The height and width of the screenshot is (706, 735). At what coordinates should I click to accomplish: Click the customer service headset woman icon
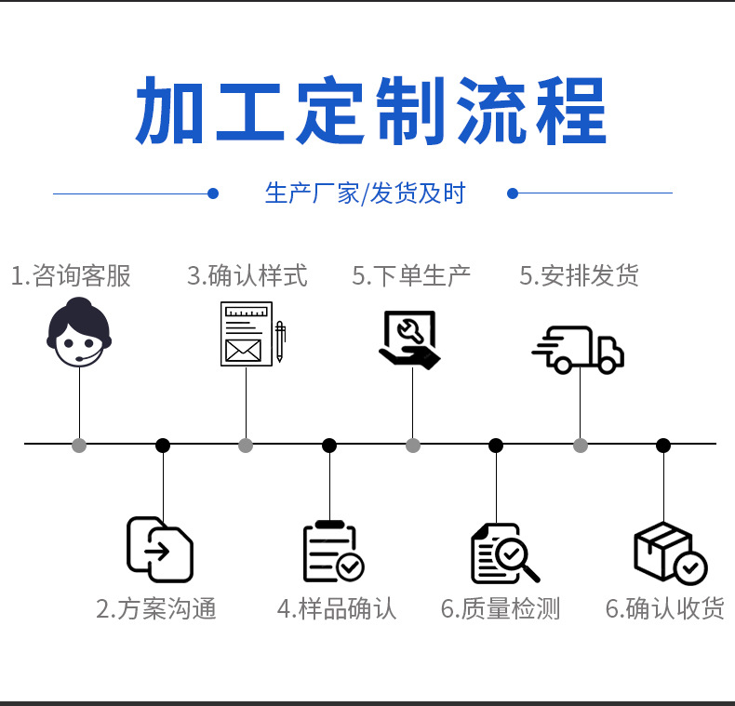click(79, 334)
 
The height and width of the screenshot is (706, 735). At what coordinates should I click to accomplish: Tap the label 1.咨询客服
click(71, 275)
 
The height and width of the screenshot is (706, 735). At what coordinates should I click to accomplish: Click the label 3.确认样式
click(247, 275)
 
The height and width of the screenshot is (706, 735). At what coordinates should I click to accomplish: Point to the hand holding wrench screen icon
click(409, 339)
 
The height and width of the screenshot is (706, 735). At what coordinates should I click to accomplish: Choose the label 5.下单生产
click(411, 275)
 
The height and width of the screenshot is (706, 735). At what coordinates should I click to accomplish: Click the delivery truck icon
click(578, 349)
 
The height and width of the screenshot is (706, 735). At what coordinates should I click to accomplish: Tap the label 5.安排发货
click(579, 275)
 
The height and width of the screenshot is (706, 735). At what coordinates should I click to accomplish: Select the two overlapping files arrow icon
click(160, 549)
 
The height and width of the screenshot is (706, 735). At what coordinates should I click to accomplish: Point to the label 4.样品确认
click(337, 609)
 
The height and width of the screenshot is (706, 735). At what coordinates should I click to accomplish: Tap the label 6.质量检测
click(501, 609)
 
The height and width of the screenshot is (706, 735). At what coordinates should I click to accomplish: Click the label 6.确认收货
click(665, 609)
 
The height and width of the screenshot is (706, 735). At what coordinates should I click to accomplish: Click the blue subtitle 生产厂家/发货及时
click(365, 193)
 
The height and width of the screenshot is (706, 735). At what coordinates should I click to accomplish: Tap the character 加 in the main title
click(171, 112)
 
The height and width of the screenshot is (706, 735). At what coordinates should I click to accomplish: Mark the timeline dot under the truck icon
click(581, 446)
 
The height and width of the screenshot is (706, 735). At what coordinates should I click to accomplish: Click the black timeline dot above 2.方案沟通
click(163, 446)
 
